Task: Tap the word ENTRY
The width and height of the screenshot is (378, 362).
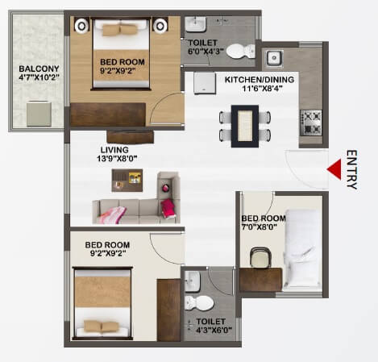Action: tap(351, 169)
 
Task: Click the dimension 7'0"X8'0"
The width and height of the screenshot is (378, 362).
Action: tap(264, 227)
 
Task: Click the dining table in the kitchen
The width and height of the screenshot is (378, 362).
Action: tap(244, 126)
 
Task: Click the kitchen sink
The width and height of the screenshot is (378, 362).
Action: tap(275, 58)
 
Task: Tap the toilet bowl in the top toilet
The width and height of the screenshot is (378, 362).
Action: tap(237, 52)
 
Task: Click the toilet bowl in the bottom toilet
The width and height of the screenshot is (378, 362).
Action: tap(199, 303)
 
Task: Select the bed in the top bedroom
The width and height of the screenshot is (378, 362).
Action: tap(123, 52)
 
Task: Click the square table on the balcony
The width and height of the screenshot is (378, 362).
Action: tap(37, 113)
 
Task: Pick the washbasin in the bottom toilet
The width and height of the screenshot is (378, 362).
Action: tap(193, 281)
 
